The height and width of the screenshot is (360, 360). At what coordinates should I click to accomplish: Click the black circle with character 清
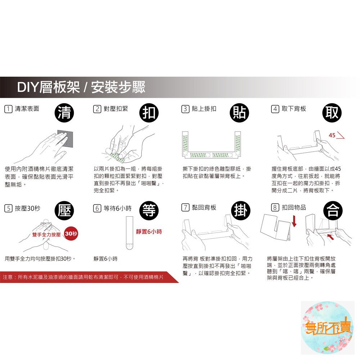tap(64, 113)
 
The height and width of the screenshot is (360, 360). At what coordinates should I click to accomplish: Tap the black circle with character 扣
tap(149, 113)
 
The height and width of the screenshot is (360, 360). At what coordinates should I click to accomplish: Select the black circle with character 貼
tap(239, 113)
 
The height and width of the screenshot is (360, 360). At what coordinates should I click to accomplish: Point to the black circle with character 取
tap(332, 113)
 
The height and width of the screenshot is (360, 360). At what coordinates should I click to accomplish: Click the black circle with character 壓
tap(64, 211)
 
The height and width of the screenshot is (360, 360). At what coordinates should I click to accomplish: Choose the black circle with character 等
tap(149, 211)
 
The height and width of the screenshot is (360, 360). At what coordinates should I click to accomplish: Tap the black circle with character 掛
tap(240, 211)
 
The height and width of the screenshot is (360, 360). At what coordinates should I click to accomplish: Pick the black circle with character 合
tap(333, 211)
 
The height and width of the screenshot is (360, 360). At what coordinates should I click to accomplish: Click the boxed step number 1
tap(8, 109)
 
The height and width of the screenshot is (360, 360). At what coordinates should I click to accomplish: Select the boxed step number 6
tap(97, 208)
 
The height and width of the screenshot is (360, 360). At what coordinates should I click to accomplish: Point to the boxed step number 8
tap(275, 208)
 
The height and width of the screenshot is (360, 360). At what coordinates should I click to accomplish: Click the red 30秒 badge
tap(71, 234)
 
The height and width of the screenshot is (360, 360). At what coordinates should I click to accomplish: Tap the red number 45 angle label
tap(332, 135)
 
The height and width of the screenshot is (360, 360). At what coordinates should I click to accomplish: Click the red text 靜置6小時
tap(149, 231)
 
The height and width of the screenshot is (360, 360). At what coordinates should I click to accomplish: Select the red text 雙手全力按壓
tap(46, 234)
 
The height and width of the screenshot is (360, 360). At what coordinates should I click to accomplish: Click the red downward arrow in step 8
tap(294, 221)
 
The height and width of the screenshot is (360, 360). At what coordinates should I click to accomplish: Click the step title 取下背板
tap(294, 109)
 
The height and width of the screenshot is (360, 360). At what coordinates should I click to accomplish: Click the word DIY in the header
tap(27, 87)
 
